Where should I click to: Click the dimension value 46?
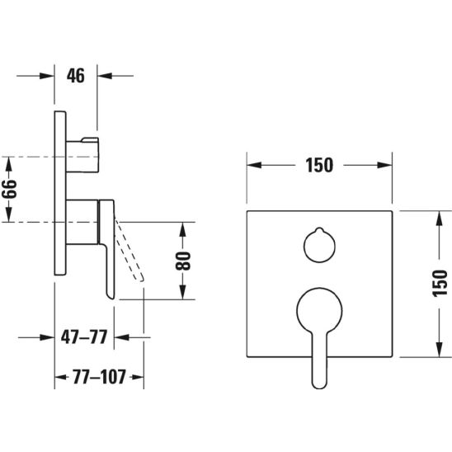(x=76, y=76)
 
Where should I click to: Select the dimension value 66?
(x=9, y=189)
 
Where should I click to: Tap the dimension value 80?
(x=183, y=261)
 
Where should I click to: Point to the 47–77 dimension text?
(x=84, y=337)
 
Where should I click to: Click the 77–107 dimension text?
(x=99, y=377)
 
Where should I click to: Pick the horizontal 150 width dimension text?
(x=319, y=165)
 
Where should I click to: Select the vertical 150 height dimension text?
(x=440, y=284)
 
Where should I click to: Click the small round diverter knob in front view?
(x=319, y=246)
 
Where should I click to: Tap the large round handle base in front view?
(x=319, y=310)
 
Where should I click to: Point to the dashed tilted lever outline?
(x=129, y=248)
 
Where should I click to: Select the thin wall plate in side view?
(x=60, y=193)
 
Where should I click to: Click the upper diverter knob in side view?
(x=82, y=155)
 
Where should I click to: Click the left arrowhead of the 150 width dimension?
(x=254, y=165)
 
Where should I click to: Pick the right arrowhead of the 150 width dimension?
(x=385, y=165)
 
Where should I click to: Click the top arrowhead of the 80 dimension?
(x=183, y=230)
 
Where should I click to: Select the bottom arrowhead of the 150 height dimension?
(x=440, y=350)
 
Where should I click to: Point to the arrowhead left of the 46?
(x=47, y=76)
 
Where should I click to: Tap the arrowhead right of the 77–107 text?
(x=137, y=377)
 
